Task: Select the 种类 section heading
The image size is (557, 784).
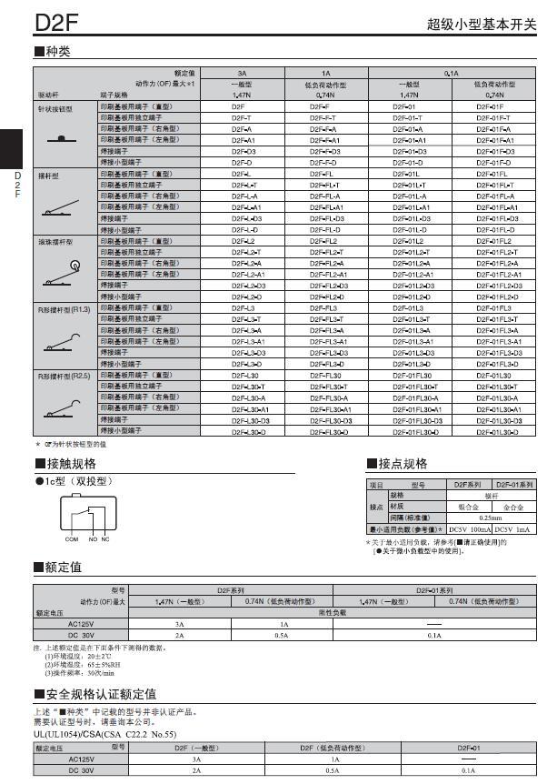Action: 56,51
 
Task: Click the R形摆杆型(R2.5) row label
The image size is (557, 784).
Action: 64,375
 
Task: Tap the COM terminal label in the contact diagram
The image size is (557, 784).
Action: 72,539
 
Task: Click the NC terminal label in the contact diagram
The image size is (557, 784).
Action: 105,539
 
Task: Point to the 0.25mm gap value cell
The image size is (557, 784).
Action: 490,518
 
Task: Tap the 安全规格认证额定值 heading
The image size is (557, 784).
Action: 100,693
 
